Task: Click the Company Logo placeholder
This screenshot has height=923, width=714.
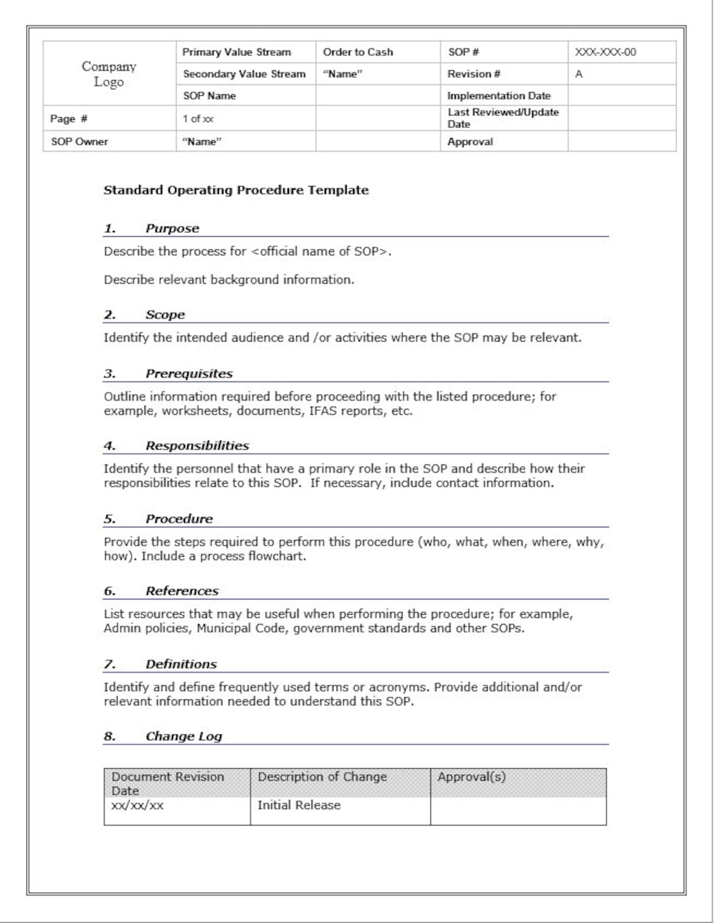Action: tap(109, 74)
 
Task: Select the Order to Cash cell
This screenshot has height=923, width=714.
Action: tap(358, 52)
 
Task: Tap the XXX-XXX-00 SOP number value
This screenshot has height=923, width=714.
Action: tap(605, 52)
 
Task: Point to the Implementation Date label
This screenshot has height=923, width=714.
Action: tap(498, 96)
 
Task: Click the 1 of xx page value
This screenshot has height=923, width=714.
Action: tap(198, 119)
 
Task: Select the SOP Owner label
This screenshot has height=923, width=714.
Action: tap(79, 142)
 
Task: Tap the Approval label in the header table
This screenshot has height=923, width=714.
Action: tap(470, 142)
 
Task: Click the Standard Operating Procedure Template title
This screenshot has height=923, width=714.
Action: tap(236, 191)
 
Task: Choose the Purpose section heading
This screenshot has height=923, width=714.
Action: tap(172, 228)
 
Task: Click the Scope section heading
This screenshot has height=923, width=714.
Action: tap(165, 315)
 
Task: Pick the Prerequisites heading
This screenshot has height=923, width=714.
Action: tap(189, 374)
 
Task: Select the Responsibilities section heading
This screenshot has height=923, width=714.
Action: tap(197, 446)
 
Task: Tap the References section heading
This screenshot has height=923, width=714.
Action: tap(182, 592)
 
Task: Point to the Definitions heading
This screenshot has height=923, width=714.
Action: tap(181, 664)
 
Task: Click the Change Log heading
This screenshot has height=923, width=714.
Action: tap(184, 736)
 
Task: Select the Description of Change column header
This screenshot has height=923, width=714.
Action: tap(322, 777)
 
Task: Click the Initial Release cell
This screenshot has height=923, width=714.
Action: tap(299, 805)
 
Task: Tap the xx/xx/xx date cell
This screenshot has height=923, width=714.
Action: tap(138, 805)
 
